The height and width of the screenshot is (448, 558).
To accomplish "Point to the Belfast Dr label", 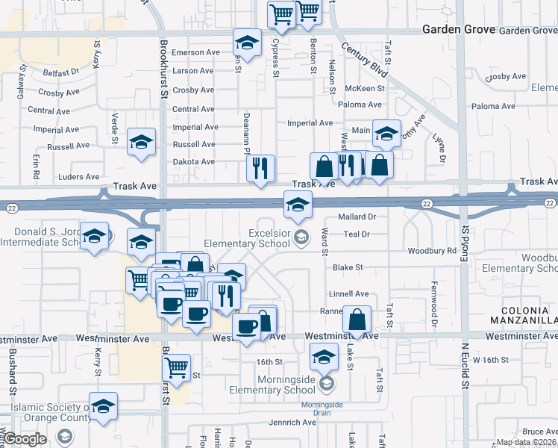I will tap(61, 73).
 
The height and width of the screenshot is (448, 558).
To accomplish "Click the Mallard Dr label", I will tap(355, 217).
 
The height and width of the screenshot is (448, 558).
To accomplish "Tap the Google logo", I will tap(25, 439).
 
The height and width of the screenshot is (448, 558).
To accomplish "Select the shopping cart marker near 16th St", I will tap(175, 367).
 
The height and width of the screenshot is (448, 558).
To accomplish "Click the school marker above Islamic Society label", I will tap(103, 406).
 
